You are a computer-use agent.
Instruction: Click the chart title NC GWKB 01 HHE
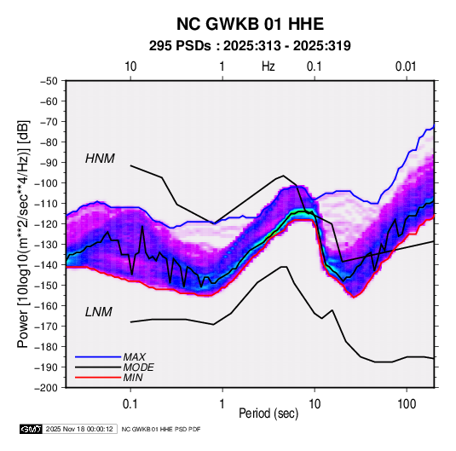[x=250, y=24]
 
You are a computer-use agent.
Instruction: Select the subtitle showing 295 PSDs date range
[x=250, y=46]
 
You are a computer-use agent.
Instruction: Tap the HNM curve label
[x=100, y=159]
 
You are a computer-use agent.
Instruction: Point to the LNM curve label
[x=99, y=312]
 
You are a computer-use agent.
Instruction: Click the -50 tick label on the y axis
[x=49, y=81]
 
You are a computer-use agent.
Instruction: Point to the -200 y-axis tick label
[x=46, y=388]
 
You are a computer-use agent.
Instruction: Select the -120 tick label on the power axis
[x=46, y=224]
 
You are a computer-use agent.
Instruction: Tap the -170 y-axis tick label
[x=46, y=327]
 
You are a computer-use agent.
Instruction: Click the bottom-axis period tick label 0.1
[x=130, y=404]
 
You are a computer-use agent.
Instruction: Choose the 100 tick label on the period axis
[x=407, y=404]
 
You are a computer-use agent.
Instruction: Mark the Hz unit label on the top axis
[x=268, y=66]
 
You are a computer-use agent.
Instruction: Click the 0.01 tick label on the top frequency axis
[x=406, y=66]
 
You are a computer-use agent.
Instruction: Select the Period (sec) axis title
[x=268, y=413]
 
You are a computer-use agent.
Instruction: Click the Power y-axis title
[x=23, y=234]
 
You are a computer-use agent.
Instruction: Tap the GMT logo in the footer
[x=31, y=429]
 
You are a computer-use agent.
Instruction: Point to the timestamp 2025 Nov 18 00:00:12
[x=79, y=429]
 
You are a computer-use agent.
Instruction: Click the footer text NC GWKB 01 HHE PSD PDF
[x=161, y=429]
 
